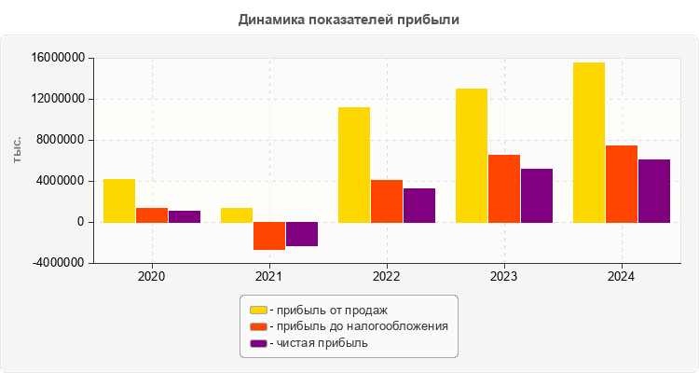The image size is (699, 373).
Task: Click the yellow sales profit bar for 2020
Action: click(x=119, y=200)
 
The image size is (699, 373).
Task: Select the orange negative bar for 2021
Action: click(x=269, y=236)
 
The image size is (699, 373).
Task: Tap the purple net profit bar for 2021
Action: click(x=302, y=234)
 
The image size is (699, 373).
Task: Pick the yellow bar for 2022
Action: click(x=354, y=164)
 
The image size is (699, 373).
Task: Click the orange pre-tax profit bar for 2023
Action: click(x=504, y=188)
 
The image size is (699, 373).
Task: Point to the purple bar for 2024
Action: click(x=654, y=191)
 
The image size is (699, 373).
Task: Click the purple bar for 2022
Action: click(x=419, y=205)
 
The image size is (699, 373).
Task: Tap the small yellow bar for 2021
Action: click(x=237, y=214)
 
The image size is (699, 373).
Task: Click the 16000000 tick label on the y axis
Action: click(x=59, y=59)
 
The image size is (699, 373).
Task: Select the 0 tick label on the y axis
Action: click(x=82, y=222)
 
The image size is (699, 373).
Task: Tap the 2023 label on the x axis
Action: click(x=504, y=277)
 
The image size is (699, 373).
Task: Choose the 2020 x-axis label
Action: click(x=152, y=277)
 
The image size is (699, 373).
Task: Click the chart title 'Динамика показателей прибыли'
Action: click(x=349, y=19)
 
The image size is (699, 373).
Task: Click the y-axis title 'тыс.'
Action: click(x=18, y=149)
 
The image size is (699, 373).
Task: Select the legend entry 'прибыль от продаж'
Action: click(x=326, y=310)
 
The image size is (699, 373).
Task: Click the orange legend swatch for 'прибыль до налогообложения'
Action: click(x=258, y=326)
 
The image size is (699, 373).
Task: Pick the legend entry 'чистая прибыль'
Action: click(x=318, y=343)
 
